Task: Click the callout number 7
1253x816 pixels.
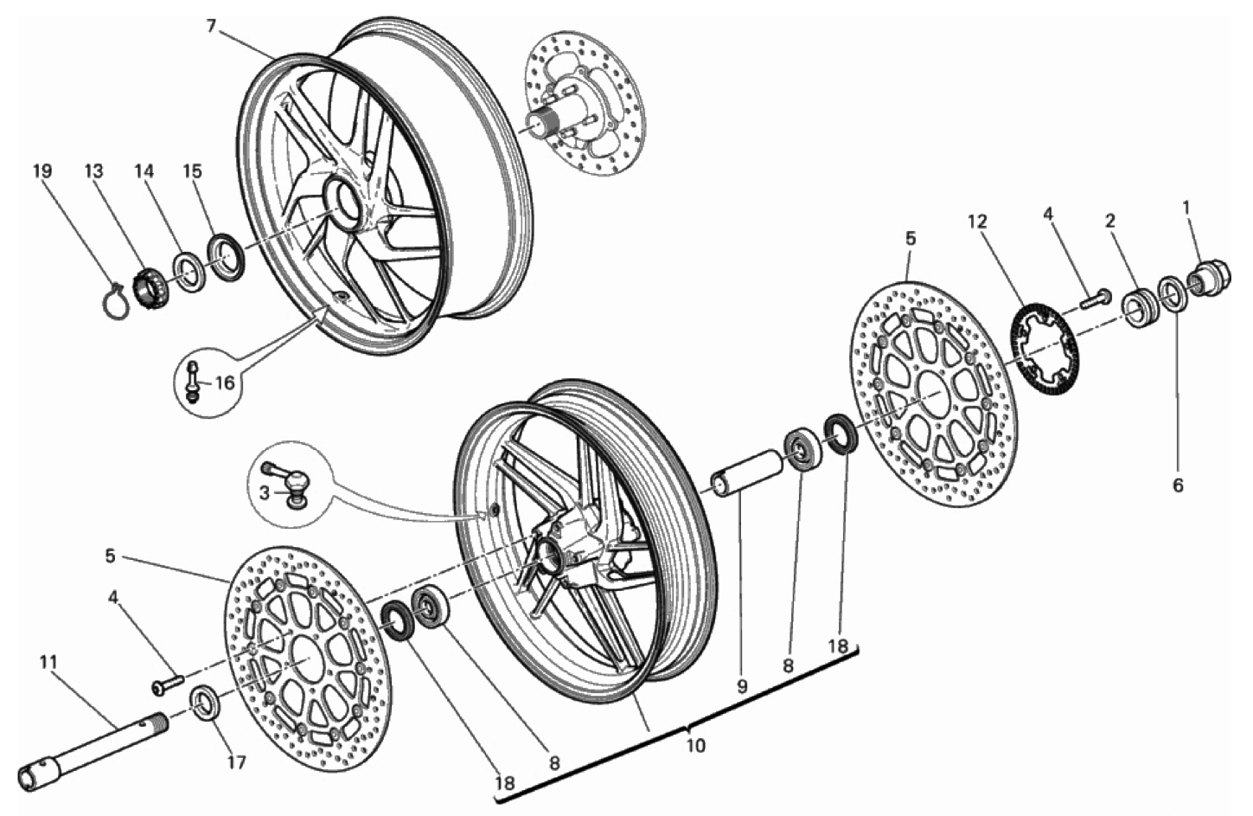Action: pos(211,25)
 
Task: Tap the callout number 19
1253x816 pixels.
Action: pos(42,170)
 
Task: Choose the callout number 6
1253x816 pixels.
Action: pos(1177,485)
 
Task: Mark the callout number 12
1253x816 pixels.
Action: pos(976,222)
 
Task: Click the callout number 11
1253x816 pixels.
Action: pos(48,663)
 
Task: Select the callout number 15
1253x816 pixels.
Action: pos(191,170)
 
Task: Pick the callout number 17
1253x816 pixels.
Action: pos(237,762)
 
